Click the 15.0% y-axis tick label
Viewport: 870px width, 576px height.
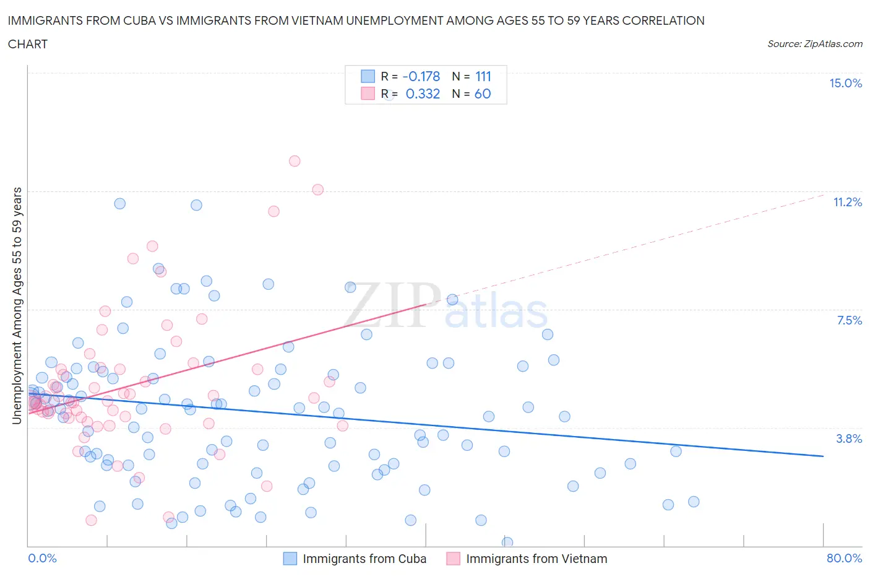845,83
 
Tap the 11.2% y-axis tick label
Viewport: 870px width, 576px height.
847,202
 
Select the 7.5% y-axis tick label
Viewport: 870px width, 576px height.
849,320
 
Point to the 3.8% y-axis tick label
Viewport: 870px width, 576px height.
849,439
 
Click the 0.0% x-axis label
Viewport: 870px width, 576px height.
42,558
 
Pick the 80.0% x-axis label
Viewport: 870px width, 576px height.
844,558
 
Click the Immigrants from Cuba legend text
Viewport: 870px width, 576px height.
364,559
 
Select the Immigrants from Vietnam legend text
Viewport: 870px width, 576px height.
536,559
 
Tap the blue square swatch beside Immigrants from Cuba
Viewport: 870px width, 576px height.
290,559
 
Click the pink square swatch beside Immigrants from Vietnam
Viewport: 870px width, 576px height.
454,559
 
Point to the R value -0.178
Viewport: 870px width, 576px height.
421,76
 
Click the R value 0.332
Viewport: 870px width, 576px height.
423,94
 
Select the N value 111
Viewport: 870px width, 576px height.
483,76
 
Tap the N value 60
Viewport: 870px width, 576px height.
483,94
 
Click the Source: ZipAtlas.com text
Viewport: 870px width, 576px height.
814,43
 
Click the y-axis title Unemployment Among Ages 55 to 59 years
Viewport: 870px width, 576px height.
17,306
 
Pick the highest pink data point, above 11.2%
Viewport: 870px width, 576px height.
295,161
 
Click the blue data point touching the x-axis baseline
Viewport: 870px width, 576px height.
507,543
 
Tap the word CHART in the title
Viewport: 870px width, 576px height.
28,44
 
